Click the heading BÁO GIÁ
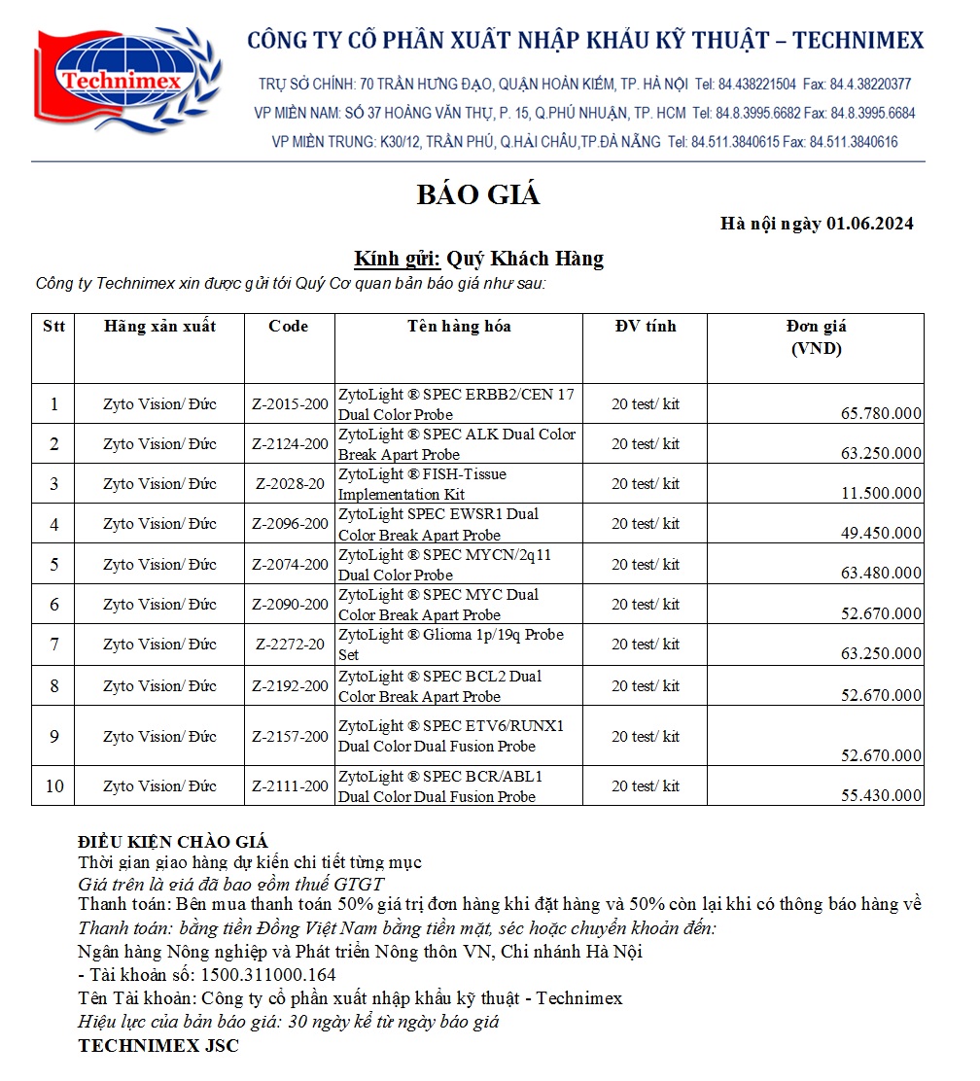[477, 195]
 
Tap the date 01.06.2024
[869, 225]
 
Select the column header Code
[289, 327]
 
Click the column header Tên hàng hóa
[459, 327]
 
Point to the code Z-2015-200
[290, 404]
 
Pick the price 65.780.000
[881, 414]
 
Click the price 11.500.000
[881, 494]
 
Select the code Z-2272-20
[290, 645]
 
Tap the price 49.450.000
[881, 534]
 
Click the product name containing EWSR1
[438, 524]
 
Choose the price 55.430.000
[881, 796]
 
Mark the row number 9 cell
[54, 737]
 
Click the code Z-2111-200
[290, 786]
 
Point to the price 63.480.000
[881, 574]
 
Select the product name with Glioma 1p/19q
[450, 645]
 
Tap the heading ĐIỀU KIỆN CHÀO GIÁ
[173, 842]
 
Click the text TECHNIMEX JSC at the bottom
[158, 1046]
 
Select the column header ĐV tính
[646, 327]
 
